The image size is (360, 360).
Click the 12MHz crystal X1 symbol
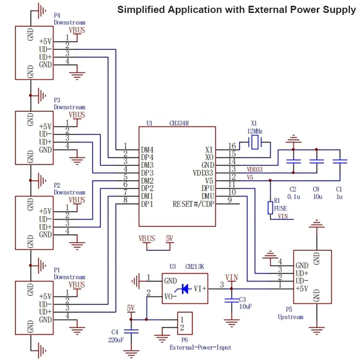pos(254,142)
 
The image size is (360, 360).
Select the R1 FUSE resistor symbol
pos(270,207)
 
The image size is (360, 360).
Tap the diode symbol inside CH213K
pos(184,288)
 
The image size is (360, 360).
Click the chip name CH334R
pos(179,123)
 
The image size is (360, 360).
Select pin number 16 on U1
pos(232,146)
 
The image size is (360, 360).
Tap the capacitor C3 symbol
pos(231,300)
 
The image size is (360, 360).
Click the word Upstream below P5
pos(290,317)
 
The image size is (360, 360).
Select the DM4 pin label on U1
pos(147,149)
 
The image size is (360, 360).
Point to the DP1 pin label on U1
pos(147,204)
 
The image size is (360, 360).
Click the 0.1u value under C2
pos(293,197)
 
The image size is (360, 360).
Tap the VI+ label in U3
pos(200,288)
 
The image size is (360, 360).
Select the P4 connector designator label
pos(57,15)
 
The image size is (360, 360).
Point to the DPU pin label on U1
pos(207,188)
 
